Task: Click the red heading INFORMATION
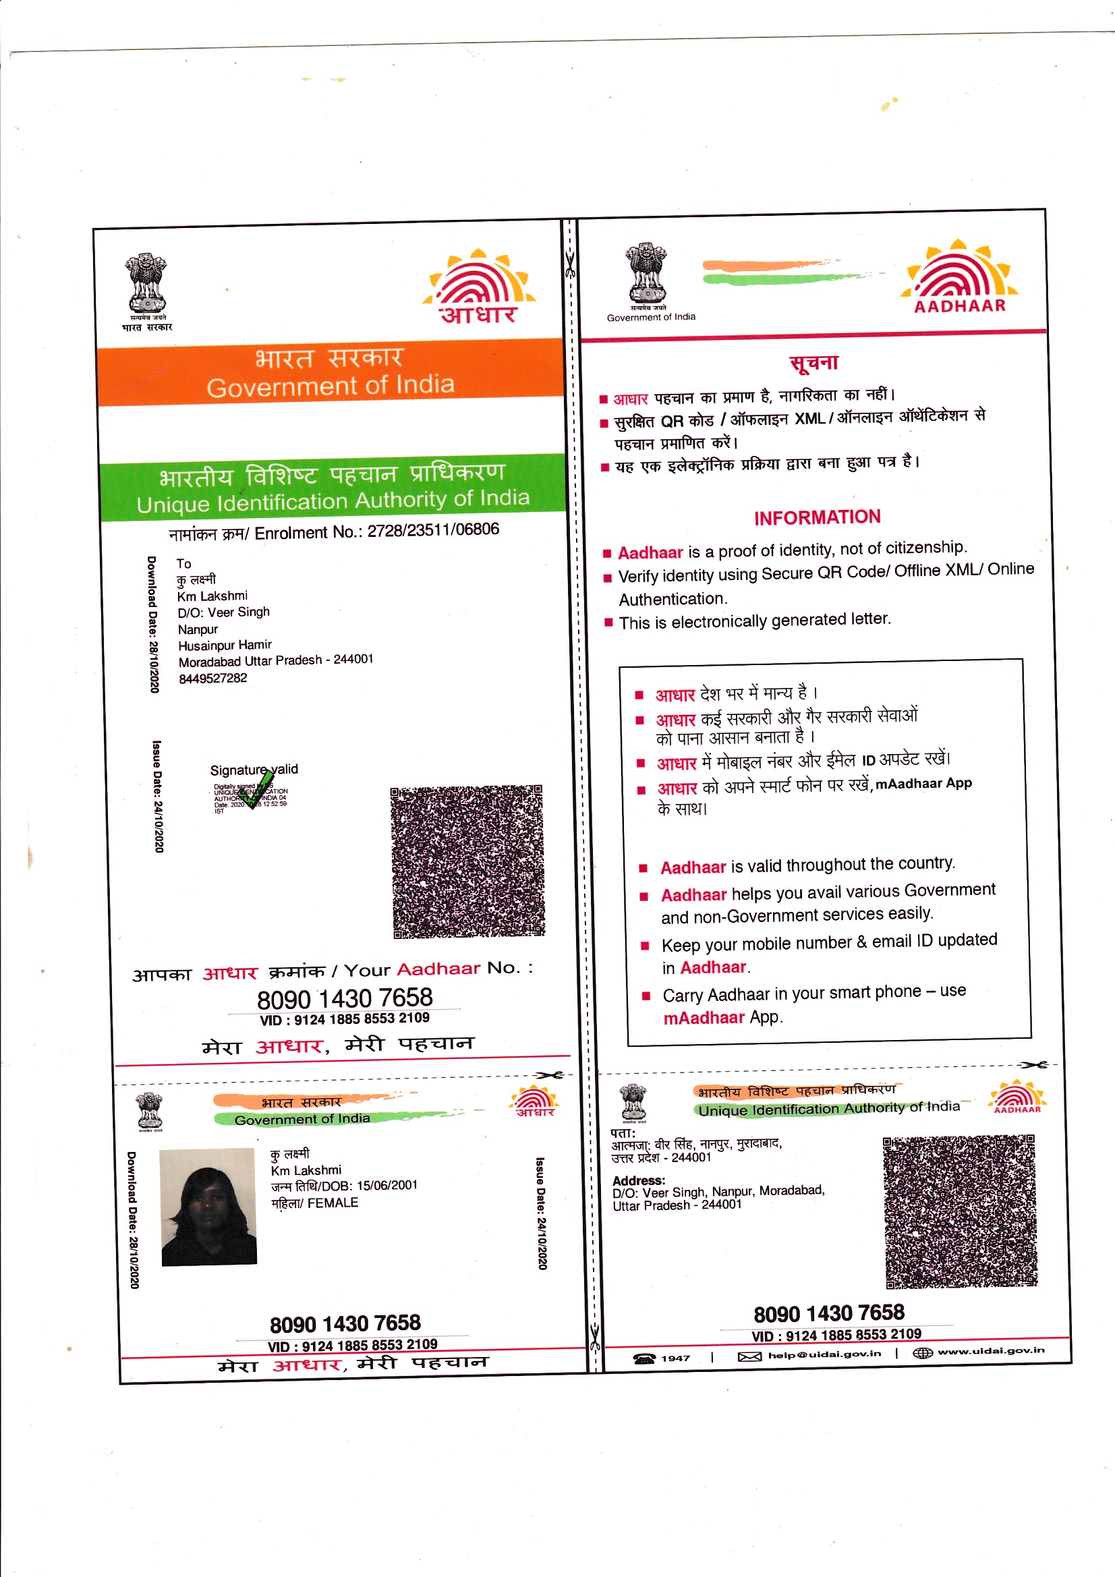[x=816, y=517]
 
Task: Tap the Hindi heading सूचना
[x=813, y=363]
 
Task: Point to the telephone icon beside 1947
[x=644, y=1358]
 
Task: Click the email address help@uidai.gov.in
[x=824, y=1354]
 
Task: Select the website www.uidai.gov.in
[x=990, y=1350]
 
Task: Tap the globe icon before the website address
[x=922, y=1352]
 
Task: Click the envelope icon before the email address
[x=749, y=1356]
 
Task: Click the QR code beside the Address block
[x=960, y=1211]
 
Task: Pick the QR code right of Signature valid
[x=468, y=861]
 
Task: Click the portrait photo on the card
[x=208, y=1207]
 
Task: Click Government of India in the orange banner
[x=331, y=386]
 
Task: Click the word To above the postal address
[x=183, y=563]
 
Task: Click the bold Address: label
[x=638, y=1180]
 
